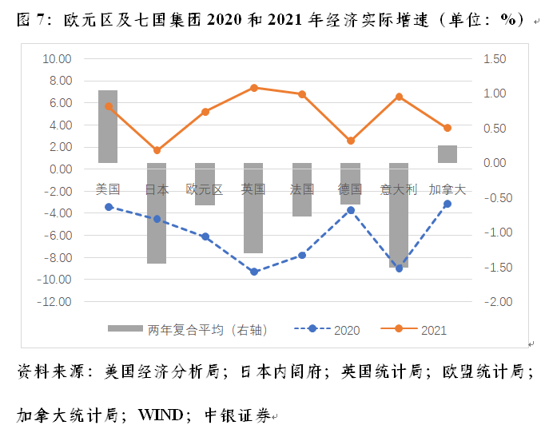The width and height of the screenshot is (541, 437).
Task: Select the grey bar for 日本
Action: (157, 213)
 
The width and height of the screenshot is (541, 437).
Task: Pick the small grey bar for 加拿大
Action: (448, 154)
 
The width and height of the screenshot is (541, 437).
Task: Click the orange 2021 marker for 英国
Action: (253, 88)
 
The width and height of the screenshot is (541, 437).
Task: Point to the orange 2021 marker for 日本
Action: (157, 150)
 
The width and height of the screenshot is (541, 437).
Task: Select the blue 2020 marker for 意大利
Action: (399, 268)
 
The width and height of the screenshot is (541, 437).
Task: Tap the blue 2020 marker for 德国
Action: (350, 210)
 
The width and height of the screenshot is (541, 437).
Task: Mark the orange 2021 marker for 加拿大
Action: (448, 128)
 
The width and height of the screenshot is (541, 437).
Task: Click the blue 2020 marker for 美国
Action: (108, 207)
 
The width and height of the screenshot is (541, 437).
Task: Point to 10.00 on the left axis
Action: (55, 59)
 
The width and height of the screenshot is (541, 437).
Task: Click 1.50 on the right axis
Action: (495, 59)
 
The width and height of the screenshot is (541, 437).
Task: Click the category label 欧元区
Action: (205, 189)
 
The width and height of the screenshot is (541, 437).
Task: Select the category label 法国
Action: (302, 189)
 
